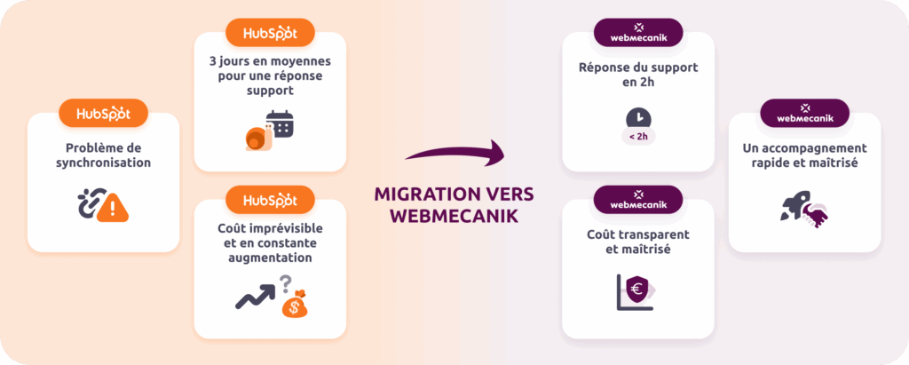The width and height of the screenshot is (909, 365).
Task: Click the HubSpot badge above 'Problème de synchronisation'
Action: point(103,113)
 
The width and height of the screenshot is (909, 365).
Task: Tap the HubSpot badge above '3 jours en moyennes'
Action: point(270,33)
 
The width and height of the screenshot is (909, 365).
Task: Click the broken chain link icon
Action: point(91,205)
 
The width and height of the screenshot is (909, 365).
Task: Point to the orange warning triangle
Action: point(115,209)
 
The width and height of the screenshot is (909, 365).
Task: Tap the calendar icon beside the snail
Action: point(281,123)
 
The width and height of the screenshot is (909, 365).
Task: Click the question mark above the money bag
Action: point(286,282)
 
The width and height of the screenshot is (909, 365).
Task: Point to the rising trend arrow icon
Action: point(254,296)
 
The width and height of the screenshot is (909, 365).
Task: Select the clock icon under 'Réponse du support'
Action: point(637,117)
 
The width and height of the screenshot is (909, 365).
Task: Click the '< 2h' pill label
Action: point(637,138)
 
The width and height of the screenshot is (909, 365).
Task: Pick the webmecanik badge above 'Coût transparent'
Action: point(637,200)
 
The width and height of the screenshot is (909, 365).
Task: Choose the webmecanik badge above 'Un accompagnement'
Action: point(804,113)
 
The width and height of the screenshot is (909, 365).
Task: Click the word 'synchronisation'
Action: point(103,163)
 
